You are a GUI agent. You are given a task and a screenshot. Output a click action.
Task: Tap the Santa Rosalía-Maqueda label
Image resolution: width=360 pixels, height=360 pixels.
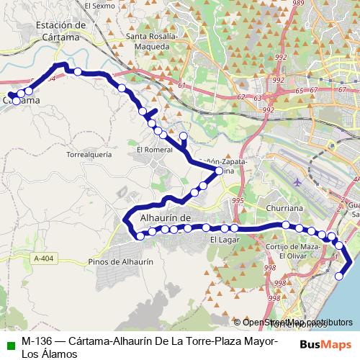tap(148, 42)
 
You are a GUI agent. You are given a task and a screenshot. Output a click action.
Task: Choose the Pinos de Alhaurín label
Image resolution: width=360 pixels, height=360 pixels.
tap(120, 263)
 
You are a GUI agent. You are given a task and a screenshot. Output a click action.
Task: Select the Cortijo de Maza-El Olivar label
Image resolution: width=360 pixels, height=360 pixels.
tap(292, 251)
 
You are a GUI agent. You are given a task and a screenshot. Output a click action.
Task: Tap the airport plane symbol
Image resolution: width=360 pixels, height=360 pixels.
tap(298, 181)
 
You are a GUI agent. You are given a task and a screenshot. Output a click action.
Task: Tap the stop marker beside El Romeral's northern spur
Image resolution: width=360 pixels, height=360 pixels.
tap(184, 136)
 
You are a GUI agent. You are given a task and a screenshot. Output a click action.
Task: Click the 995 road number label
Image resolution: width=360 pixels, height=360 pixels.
tap(238, 201)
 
